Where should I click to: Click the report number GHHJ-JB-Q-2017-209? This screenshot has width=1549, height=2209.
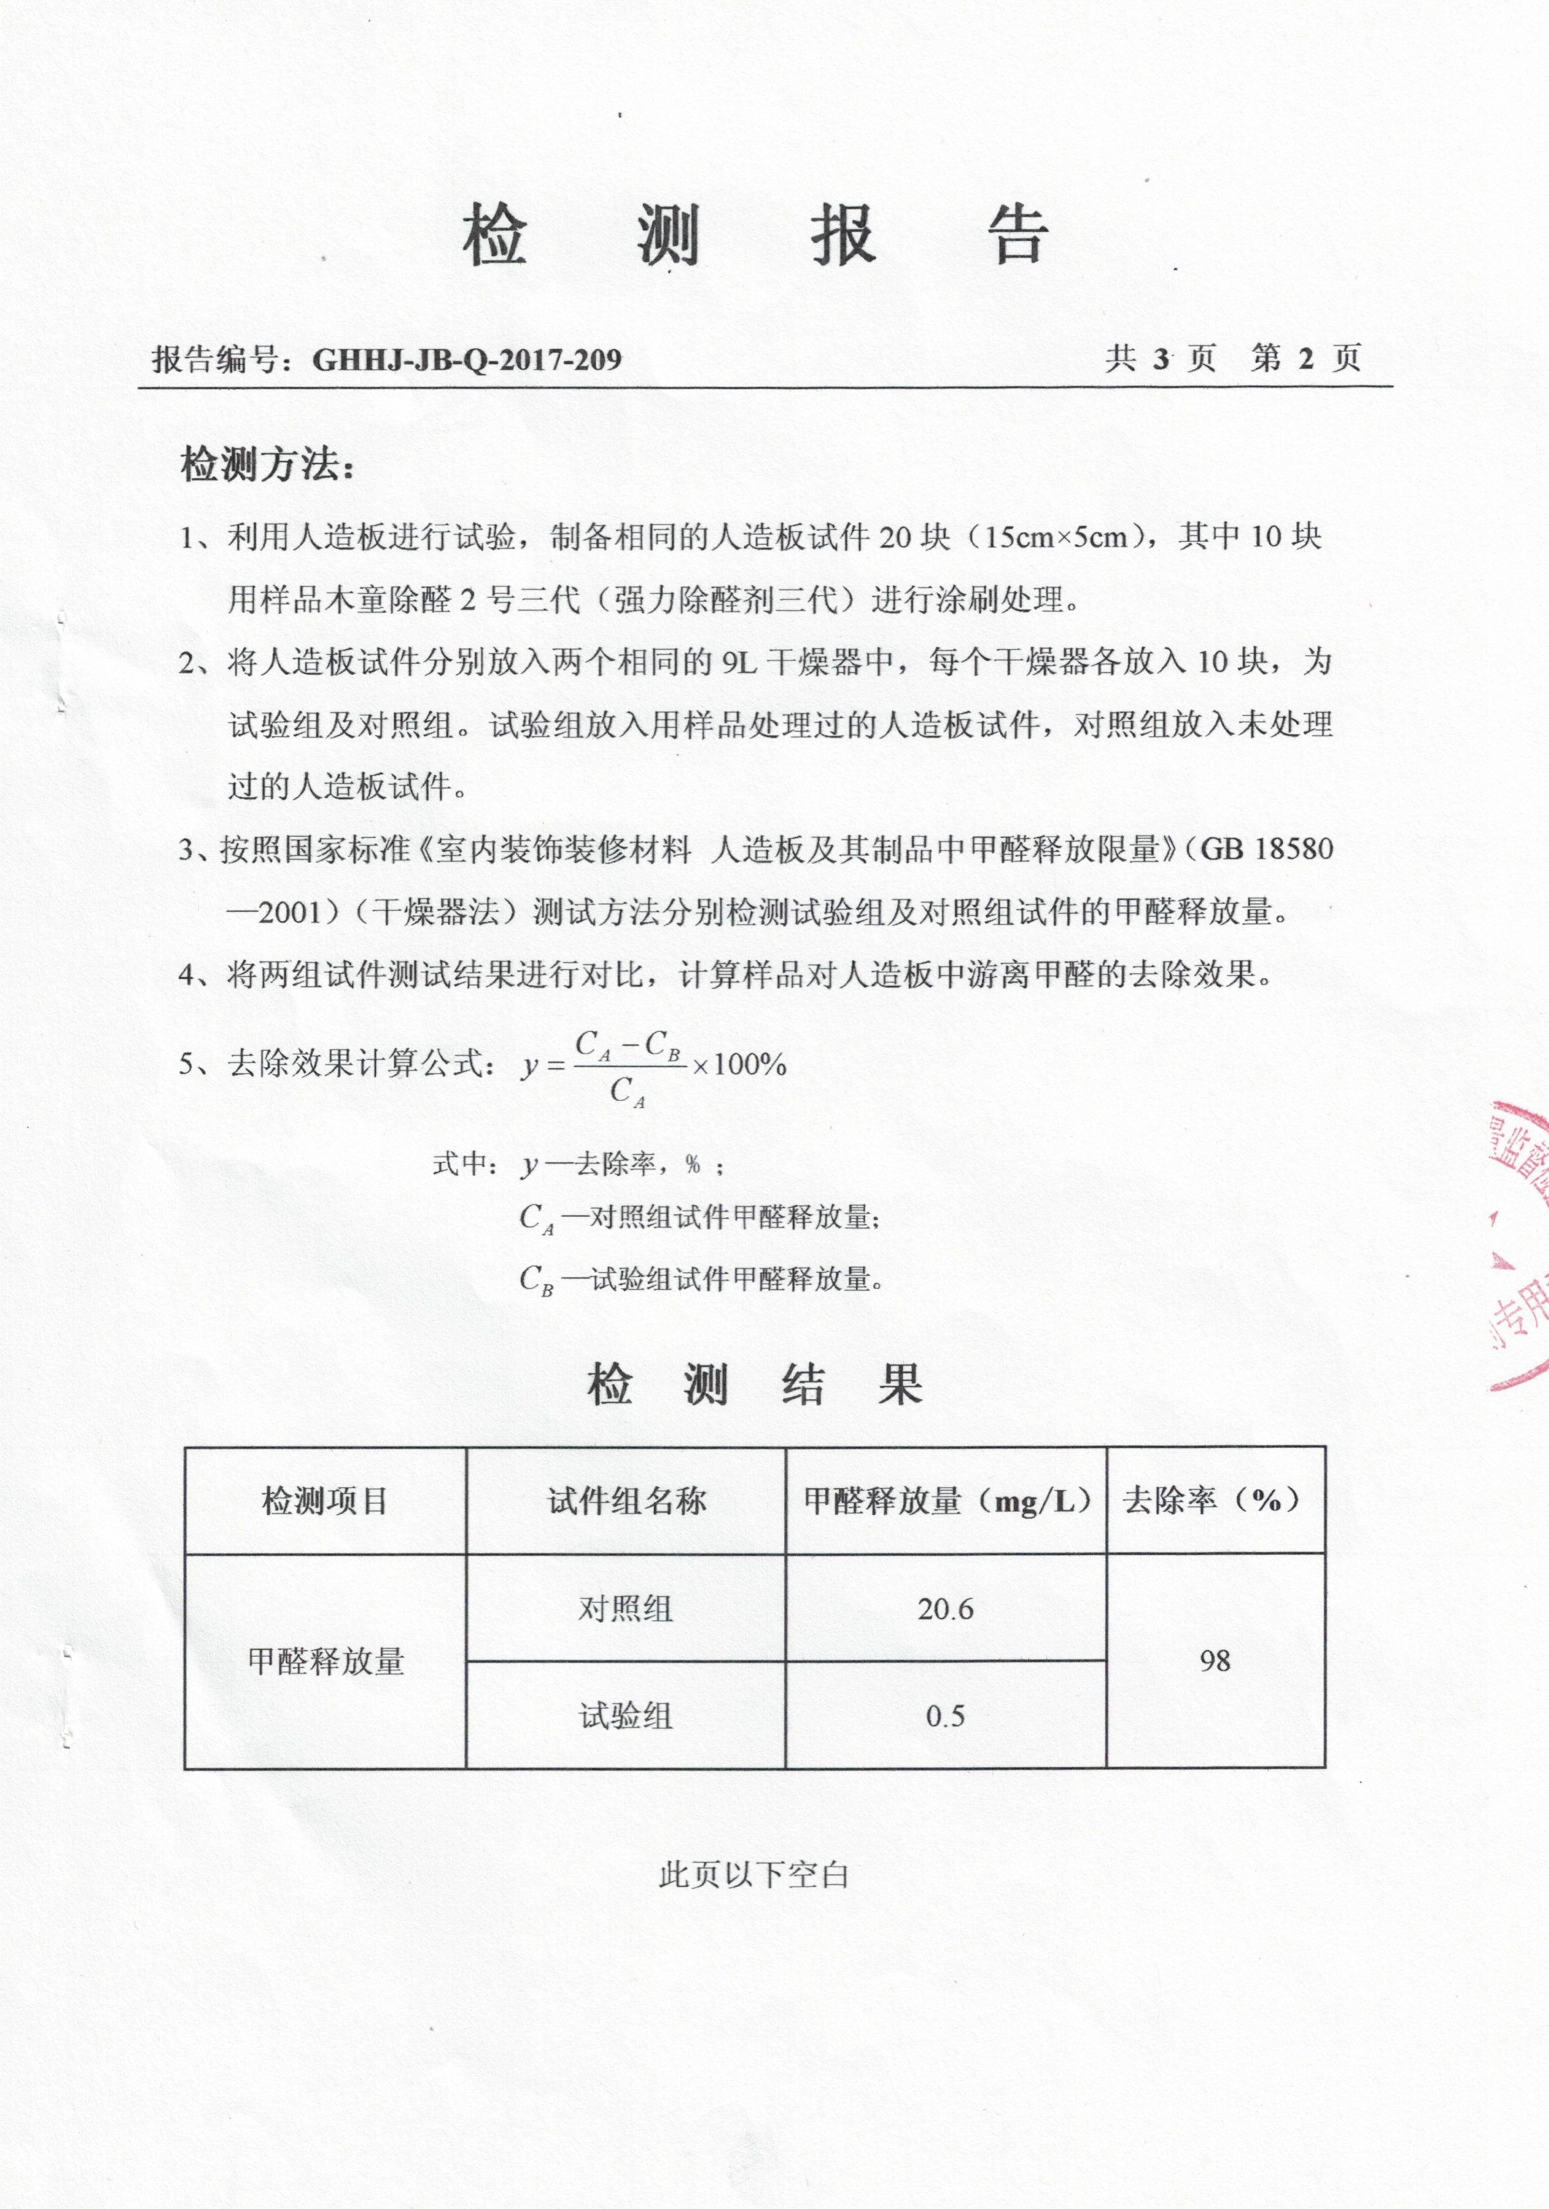click(x=467, y=360)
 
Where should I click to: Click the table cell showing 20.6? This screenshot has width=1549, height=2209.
click(x=945, y=1609)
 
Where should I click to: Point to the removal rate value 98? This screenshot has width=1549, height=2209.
click(x=1214, y=1661)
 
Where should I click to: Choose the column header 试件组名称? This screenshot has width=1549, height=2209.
click(x=626, y=1500)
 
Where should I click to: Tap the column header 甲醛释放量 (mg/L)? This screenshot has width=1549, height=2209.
click(x=946, y=1500)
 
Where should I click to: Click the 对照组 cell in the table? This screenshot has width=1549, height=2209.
click(x=626, y=1609)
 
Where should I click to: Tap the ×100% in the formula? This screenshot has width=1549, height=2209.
click(x=739, y=1065)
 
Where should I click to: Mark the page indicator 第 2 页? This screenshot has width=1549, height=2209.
click(x=1305, y=358)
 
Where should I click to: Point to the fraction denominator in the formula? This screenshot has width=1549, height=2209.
click(x=627, y=1092)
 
